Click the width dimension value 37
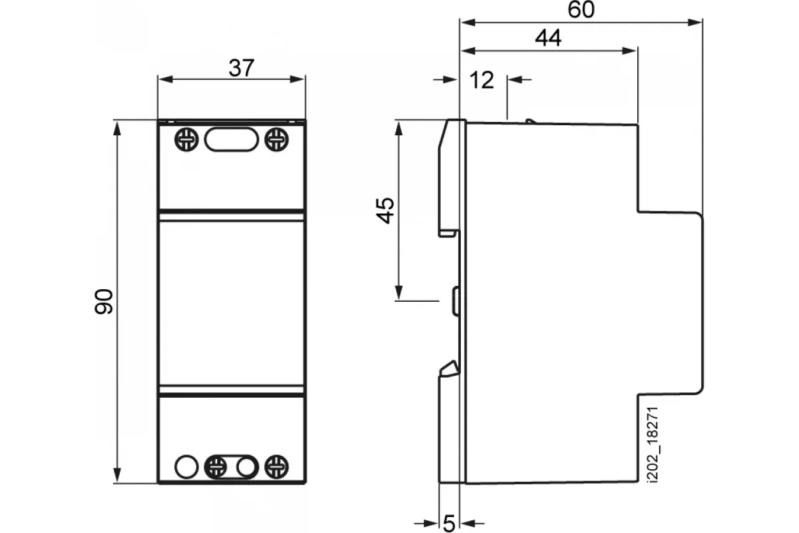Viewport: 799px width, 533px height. point(242,68)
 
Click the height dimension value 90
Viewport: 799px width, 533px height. point(104,302)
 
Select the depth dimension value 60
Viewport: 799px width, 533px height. point(581,9)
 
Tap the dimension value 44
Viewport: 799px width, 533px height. point(548,38)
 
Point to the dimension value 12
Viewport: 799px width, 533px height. point(481,80)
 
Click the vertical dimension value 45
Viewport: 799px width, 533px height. point(386,211)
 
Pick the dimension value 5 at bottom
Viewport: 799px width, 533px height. point(449,524)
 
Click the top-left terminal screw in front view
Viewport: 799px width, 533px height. point(186,139)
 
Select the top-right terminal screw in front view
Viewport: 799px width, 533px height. point(276,139)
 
